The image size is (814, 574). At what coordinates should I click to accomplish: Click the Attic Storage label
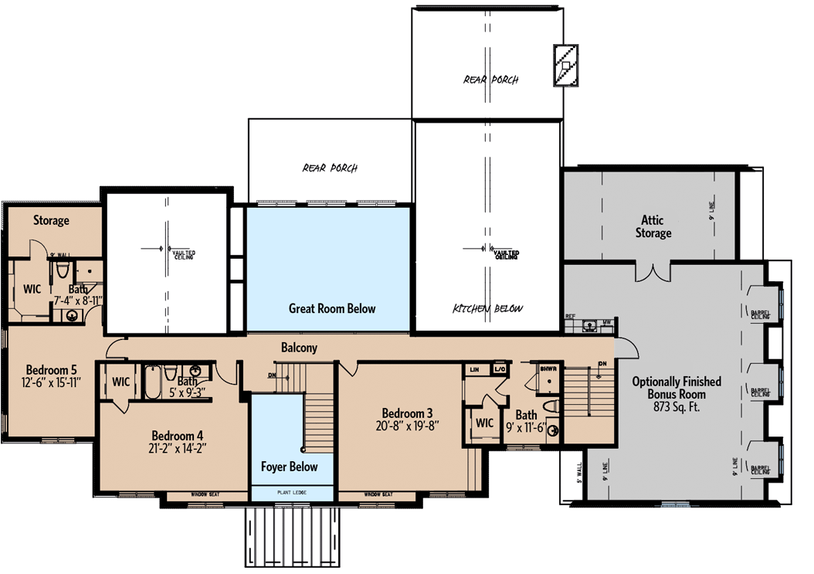click(653, 226)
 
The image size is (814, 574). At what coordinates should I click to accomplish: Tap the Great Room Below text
click(332, 308)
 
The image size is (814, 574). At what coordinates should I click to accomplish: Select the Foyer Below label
click(290, 467)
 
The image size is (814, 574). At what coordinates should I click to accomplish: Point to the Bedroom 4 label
click(178, 434)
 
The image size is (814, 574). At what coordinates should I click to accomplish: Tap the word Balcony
click(299, 348)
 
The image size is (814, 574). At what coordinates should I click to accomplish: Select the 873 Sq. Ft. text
click(676, 406)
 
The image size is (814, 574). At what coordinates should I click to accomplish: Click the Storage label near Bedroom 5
click(51, 220)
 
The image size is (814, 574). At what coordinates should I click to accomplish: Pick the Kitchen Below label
click(487, 309)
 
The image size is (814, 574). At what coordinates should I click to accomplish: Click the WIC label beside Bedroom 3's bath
click(484, 423)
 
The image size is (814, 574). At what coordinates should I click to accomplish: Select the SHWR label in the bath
click(549, 369)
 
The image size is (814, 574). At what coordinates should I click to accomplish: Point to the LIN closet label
click(474, 371)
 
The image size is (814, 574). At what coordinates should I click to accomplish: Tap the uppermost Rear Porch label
click(490, 80)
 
